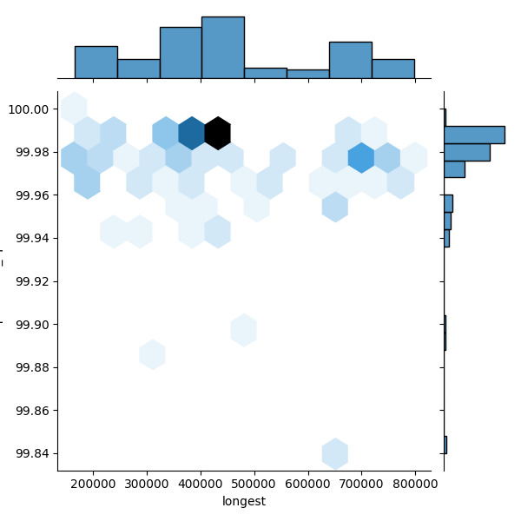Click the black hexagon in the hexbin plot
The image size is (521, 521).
(217, 133)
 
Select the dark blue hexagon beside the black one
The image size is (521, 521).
(191, 133)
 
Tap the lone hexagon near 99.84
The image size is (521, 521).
(335, 453)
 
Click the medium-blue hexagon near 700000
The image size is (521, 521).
(360, 158)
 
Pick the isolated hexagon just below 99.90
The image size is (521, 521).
(244, 330)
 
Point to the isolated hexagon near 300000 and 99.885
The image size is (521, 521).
(152, 354)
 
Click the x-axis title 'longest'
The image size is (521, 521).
(244, 501)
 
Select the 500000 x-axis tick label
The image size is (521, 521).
(254, 484)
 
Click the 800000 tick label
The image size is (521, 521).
(415, 484)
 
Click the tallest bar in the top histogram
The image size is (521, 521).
(222, 48)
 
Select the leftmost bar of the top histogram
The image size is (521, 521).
(96, 63)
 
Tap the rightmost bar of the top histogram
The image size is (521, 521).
(392, 69)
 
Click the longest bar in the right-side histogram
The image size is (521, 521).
(473, 135)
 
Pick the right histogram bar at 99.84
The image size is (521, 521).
(445, 445)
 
